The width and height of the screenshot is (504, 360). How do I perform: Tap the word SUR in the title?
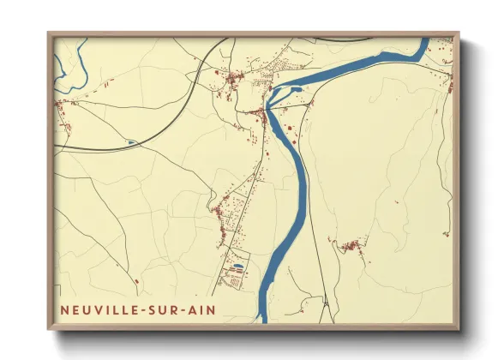pos(162,309)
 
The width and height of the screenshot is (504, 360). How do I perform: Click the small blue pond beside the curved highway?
pos(131,142)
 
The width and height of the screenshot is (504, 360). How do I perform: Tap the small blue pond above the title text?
pos(237,267)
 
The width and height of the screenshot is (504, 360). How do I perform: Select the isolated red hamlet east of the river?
pos(350,247)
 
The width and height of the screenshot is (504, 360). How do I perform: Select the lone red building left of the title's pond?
pos(136,280)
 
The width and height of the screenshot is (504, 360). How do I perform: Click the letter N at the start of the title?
pos(65,309)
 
